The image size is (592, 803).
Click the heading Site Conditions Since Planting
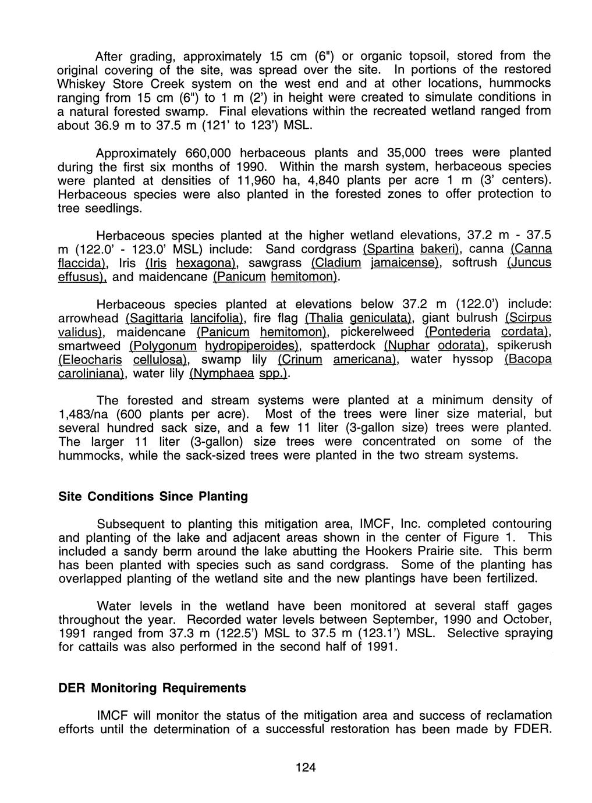click(x=154, y=496)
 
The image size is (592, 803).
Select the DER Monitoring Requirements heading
click(x=153, y=688)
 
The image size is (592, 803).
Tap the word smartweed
click(x=90, y=346)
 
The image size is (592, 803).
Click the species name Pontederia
click(x=458, y=332)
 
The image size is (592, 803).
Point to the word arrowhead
click(x=89, y=318)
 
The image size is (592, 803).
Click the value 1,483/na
click(x=90, y=414)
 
